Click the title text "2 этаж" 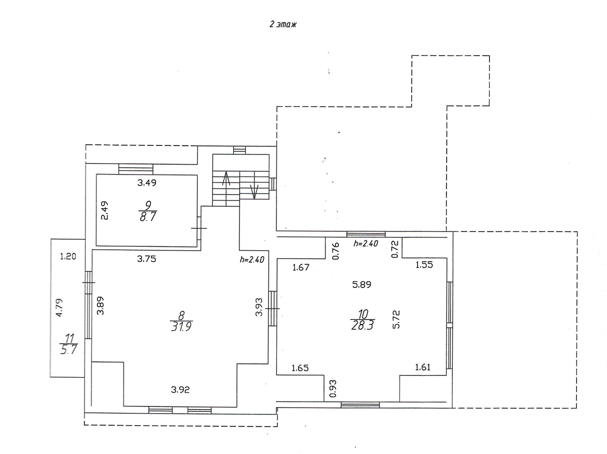[x=283, y=24]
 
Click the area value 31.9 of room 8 [x=181, y=326]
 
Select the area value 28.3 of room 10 [x=362, y=325]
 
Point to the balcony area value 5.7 [x=69, y=350]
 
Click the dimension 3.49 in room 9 [x=147, y=183]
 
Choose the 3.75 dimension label [x=146, y=259]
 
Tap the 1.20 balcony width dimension [x=68, y=256]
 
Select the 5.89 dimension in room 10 [x=362, y=285]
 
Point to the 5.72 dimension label [x=396, y=319]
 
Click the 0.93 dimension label [x=333, y=389]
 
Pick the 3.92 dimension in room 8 [x=180, y=390]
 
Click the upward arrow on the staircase [x=226, y=179]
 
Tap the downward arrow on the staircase [x=254, y=192]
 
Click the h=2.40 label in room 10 [x=366, y=244]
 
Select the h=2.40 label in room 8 [x=252, y=260]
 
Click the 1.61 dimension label [x=423, y=367]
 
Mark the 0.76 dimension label [x=336, y=251]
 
